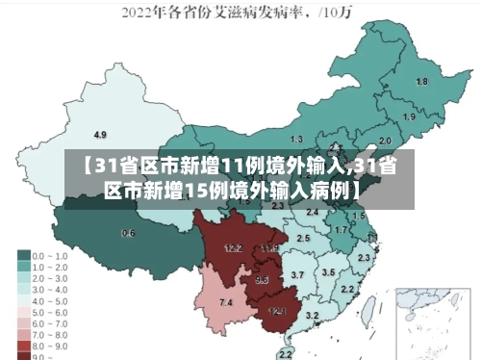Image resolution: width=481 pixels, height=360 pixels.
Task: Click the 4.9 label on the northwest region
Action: pyautogui.click(x=99, y=134)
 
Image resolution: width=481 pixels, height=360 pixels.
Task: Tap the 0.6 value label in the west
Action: pyautogui.click(x=128, y=234)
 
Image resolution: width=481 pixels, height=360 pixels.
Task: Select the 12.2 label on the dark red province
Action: pyautogui.click(x=233, y=248)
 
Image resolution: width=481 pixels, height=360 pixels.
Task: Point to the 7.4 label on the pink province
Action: pyautogui.click(x=226, y=303)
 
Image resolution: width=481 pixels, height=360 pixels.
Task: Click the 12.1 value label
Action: pyautogui.click(x=276, y=311)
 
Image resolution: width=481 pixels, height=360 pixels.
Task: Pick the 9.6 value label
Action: pyautogui.click(x=262, y=280)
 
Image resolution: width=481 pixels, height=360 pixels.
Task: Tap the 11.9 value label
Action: pyautogui.click(x=269, y=249)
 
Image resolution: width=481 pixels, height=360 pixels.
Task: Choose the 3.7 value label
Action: pyautogui.click(x=297, y=275)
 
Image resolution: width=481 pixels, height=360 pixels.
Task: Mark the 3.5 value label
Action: pyautogui.click(x=327, y=272)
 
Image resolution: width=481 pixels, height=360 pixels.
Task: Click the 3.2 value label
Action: pyautogui.click(x=312, y=315)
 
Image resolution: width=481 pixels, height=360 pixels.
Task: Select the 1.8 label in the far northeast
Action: pyautogui.click(x=420, y=82)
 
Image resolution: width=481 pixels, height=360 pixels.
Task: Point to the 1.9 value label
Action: pyautogui.click(x=409, y=116)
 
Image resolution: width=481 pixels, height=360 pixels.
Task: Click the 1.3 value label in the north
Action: pyautogui.click(x=296, y=140)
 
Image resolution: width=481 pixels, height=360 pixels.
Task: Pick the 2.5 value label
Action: pyautogui.click(x=303, y=237)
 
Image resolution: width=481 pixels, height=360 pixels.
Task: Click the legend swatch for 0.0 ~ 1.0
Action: pyautogui.click(x=23, y=256)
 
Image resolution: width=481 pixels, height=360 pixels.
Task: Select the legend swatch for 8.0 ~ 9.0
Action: pyautogui.click(x=23, y=344)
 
